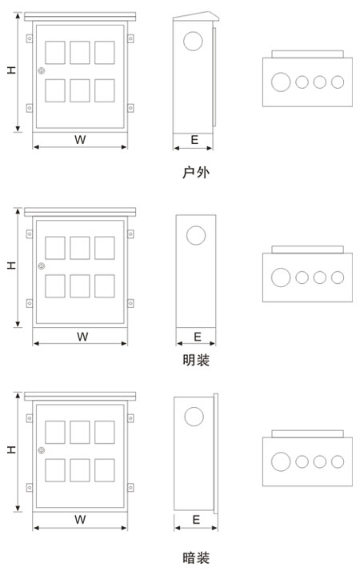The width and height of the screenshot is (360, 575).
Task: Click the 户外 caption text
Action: [195, 172]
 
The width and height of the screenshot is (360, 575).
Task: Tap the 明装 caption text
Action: [196, 360]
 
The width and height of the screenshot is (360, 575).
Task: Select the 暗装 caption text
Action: [196, 557]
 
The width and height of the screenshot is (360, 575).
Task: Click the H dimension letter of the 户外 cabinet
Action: [12, 70]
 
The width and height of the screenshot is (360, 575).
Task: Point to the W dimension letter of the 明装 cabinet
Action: [82, 337]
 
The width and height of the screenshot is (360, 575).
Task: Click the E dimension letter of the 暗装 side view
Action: [196, 519]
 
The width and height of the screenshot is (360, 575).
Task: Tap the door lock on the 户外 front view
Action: [42, 70]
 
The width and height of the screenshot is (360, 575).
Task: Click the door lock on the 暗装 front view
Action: [42, 450]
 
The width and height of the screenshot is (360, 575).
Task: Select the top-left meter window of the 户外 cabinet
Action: [55, 53]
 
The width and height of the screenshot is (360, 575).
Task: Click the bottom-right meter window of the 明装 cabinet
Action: [105, 286]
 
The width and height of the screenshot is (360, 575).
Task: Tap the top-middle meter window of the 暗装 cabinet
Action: [80, 432]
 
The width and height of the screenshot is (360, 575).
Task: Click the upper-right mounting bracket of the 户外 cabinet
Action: [130, 38]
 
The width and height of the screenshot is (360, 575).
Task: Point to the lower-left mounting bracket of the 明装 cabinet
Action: [30, 303]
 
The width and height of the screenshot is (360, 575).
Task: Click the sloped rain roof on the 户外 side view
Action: [196, 16]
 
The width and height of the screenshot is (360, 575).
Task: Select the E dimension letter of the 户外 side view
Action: [194, 139]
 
